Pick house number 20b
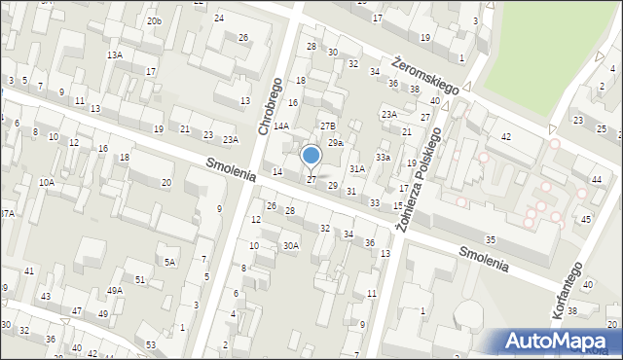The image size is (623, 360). click(154, 21)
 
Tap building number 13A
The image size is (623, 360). click(115, 55)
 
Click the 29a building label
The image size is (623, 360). click(335, 143)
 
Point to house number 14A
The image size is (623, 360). click(281, 126)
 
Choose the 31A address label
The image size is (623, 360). click(357, 169)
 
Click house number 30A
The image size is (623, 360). click(290, 246)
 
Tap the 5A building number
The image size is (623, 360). click(170, 263)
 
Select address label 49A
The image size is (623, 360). click(115, 291)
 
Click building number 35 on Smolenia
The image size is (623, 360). click(491, 239)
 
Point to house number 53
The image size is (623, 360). click(151, 345)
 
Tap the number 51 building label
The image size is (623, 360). click(141, 280)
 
